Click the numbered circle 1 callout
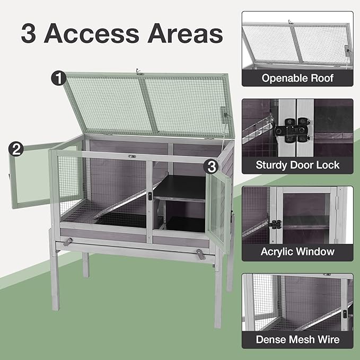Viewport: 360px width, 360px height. pos(58,78)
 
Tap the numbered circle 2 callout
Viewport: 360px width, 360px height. pos(16,149)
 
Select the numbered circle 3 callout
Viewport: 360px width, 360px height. pos(211,167)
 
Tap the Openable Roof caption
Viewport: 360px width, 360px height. pos(297,78)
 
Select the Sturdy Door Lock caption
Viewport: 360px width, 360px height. pos(297,165)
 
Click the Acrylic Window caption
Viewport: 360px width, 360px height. pos(297,251)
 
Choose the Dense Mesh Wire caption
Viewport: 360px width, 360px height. pos(297,339)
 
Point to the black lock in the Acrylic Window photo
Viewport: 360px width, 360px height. pos(275,224)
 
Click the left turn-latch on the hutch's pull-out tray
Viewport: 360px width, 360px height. pos(67,242)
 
